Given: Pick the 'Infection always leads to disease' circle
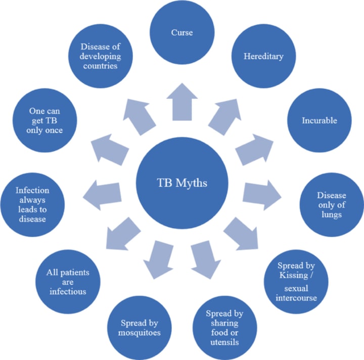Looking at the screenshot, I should [32, 204].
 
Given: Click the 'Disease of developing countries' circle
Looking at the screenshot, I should [102, 56].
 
